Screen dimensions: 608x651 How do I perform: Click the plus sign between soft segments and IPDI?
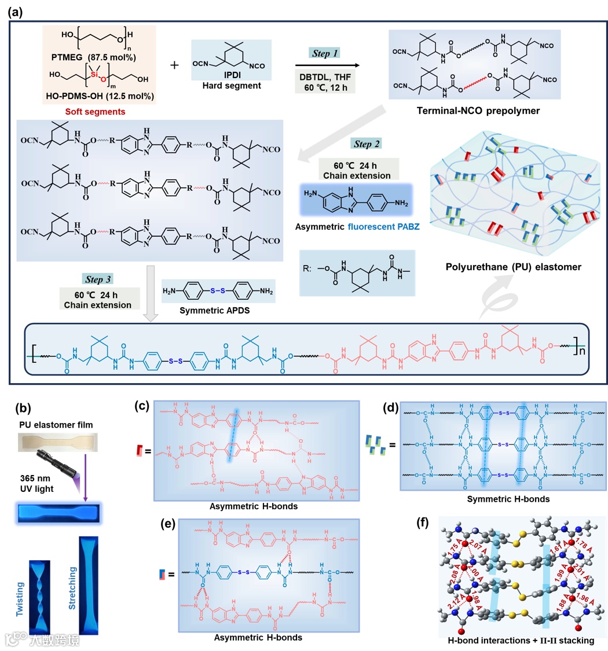[x=174, y=65]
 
